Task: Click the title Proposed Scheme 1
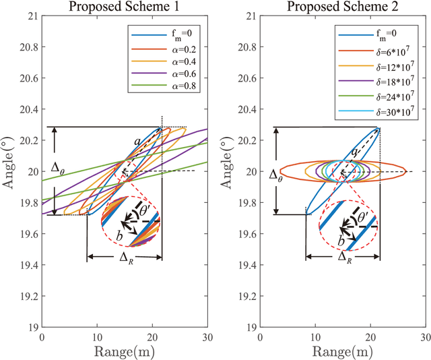[125, 8]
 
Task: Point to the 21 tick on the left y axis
[31, 16]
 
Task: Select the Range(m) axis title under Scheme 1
[125, 351]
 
